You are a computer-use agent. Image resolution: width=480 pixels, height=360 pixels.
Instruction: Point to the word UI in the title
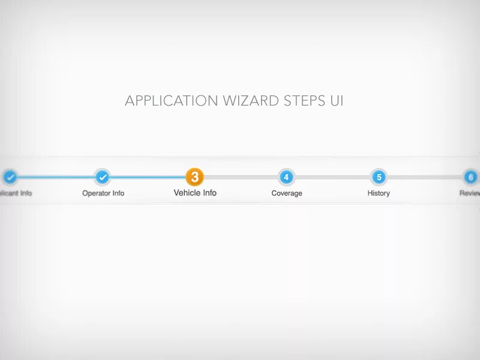[337, 101]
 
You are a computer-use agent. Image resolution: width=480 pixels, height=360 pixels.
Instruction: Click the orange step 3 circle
[194, 177]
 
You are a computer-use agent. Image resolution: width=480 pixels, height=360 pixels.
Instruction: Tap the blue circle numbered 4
[286, 177]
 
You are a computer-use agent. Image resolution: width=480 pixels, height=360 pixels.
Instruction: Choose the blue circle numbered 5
[379, 177]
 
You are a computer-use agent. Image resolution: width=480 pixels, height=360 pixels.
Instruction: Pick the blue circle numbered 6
[471, 177]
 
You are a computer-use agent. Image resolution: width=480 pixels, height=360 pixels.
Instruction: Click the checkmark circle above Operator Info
[103, 177]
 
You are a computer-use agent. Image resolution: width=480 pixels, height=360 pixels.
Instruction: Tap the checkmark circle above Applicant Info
[10, 177]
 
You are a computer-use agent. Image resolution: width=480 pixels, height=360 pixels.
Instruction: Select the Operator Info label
[103, 193]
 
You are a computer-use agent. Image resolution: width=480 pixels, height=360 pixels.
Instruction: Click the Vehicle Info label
[195, 193]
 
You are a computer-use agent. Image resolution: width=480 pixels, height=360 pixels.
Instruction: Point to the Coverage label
[287, 193]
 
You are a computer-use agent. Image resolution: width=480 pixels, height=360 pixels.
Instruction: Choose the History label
[379, 193]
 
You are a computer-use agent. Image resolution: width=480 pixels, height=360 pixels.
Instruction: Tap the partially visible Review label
[470, 193]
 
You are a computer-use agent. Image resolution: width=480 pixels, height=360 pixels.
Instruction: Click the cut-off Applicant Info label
[16, 193]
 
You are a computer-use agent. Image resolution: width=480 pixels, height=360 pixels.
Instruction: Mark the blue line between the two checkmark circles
[56, 177]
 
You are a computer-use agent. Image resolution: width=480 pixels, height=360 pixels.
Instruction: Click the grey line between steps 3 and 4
[241, 177]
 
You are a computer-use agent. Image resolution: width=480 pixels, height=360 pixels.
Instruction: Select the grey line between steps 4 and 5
[332, 177]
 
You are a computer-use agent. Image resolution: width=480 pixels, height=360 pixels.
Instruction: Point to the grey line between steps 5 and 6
[425, 177]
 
